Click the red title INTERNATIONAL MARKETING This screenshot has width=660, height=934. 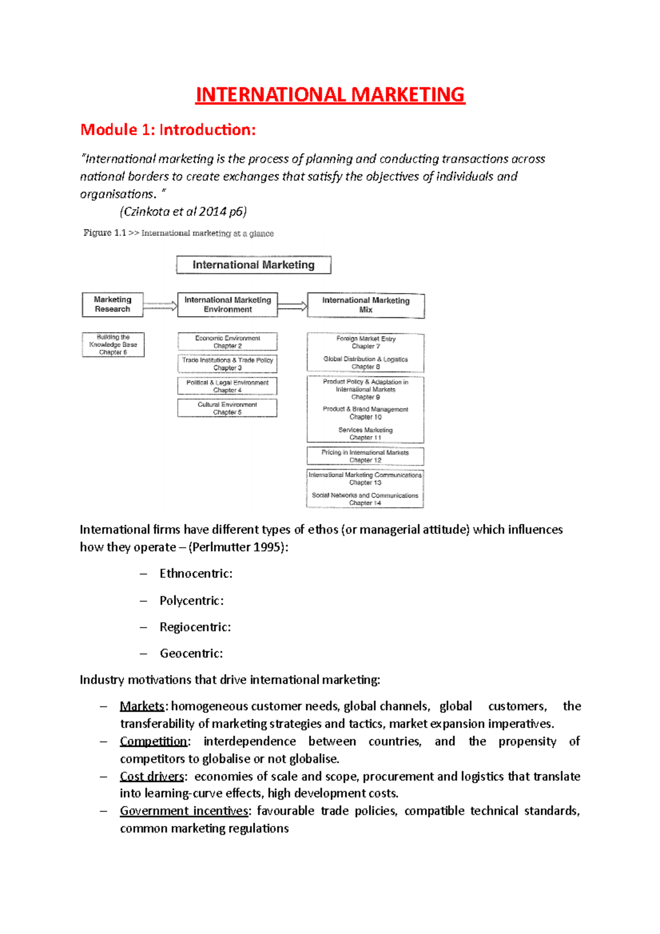tap(330, 95)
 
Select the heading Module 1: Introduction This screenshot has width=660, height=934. tap(168, 130)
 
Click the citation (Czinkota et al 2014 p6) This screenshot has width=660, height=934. tap(183, 212)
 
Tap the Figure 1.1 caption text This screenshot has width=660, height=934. tap(178, 233)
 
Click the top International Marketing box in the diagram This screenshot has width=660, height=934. tap(254, 265)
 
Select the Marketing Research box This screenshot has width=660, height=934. tap(113, 304)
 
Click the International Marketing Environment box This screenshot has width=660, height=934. tap(228, 305)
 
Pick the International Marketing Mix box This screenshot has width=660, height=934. tap(366, 305)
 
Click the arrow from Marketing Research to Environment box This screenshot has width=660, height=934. tap(160, 306)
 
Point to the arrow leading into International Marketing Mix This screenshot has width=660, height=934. tap(292, 306)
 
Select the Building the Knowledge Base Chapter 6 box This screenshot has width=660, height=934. tap(113, 345)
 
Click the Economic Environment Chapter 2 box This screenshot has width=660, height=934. tap(227, 342)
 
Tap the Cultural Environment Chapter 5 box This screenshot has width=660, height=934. tap(227, 408)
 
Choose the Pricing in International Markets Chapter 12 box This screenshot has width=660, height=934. tap(365, 456)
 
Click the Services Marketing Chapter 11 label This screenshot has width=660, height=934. tap(365, 434)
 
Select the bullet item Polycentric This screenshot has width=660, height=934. tap(191, 601)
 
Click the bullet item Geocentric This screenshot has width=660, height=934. tap(191, 653)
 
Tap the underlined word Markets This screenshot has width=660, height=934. tap(142, 706)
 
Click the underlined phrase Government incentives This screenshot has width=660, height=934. tap(184, 811)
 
